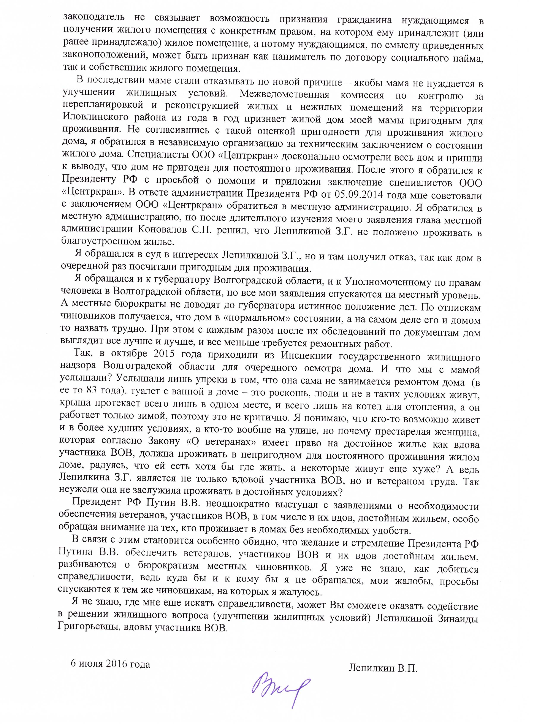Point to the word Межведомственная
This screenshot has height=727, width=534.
click(284, 96)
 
